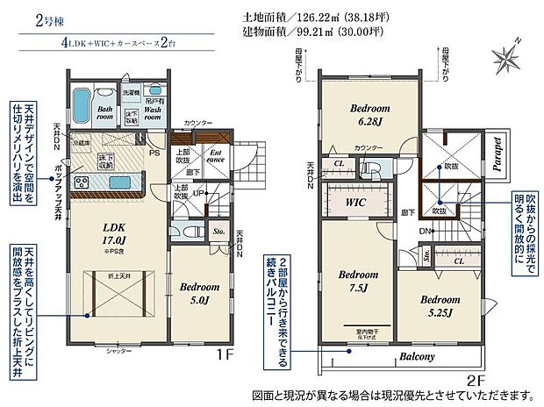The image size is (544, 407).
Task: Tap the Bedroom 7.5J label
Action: [x=358, y=279]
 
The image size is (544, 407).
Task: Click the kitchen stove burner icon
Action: [x=81, y=182]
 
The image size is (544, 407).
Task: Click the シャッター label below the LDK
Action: [x=119, y=350]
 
